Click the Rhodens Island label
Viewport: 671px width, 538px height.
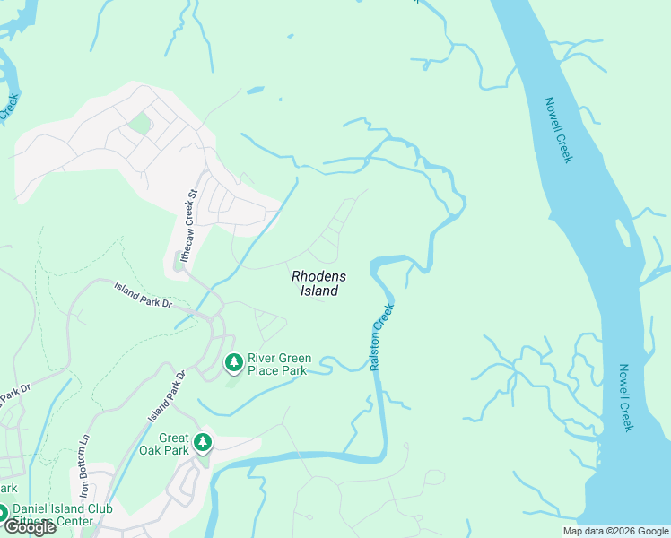pyautogui.click(x=318, y=283)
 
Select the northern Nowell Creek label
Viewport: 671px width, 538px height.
pyautogui.click(x=558, y=130)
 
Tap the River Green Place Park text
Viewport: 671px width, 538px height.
pyautogui.click(x=277, y=364)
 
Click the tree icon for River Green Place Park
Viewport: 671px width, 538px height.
pyautogui.click(x=233, y=363)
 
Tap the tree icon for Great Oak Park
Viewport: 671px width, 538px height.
pyautogui.click(x=204, y=442)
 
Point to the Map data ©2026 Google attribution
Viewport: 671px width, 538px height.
pyautogui.click(x=615, y=531)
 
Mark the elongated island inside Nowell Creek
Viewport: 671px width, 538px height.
pyautogui.click(x=623, y=232)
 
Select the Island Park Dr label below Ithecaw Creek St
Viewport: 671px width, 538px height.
pyautogui.click(x=142, y=293)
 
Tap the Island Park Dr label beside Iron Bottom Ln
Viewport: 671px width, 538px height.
pyautogui.click(x=166, y=396)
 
